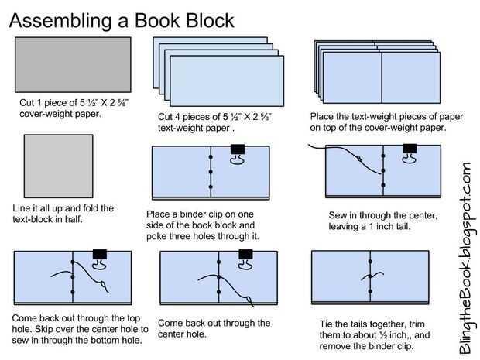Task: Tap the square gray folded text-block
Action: pyautogui.click(x=59, y=168)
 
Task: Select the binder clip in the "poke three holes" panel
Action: pyautogui.click(x=238, y=153)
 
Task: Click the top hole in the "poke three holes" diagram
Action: pyautogui.click(x=211, y=156)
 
